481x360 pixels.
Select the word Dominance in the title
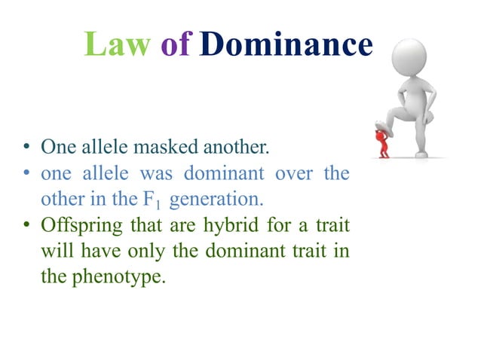(287, 44)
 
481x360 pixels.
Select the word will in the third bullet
(54, 250)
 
